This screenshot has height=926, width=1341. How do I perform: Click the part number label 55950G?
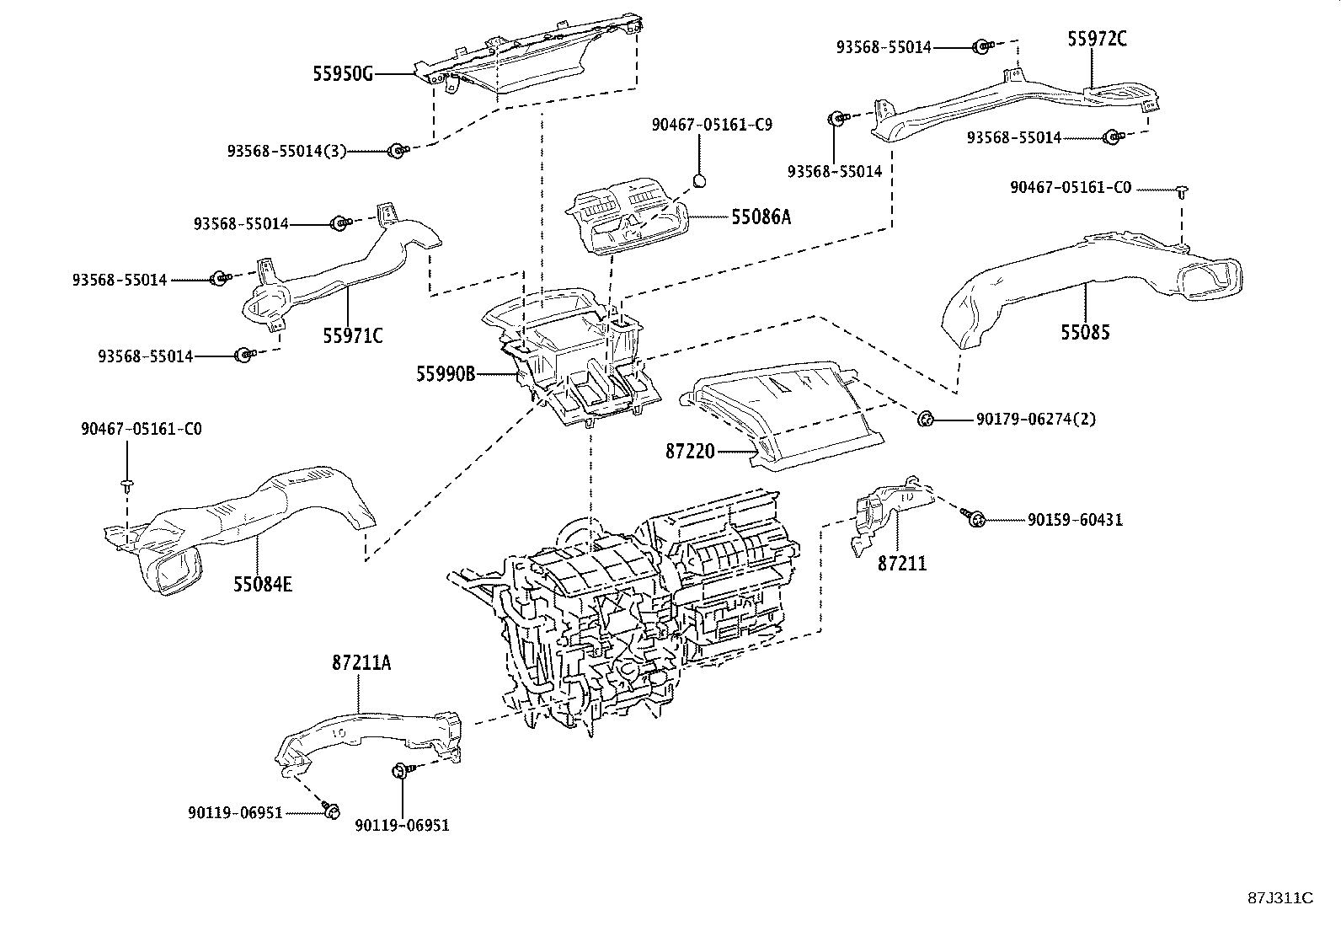(342, 74)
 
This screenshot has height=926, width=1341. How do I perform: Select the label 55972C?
(1097, 38)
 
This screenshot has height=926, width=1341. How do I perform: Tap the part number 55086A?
(761, 217)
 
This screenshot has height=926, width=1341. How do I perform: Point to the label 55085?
(1085, 332)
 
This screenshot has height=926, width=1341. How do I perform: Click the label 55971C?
(353, 336)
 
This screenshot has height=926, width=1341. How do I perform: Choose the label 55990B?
(446, 372)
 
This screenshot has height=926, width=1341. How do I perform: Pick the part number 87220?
(690, 452)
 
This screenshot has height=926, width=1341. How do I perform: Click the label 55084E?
(263, 583)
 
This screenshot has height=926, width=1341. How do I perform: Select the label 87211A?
(361, 662)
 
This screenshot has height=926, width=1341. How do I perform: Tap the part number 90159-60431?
(1075, 521)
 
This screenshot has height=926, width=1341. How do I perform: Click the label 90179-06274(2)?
(1036, 419)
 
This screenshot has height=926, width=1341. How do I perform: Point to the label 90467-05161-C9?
(712, 125)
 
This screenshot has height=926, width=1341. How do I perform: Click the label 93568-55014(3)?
(287, 151)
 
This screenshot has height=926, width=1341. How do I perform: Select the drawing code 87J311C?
(1280, 898)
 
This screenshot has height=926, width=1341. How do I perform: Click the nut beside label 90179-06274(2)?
(924, 417)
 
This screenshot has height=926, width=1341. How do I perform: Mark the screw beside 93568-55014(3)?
(395, 151)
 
